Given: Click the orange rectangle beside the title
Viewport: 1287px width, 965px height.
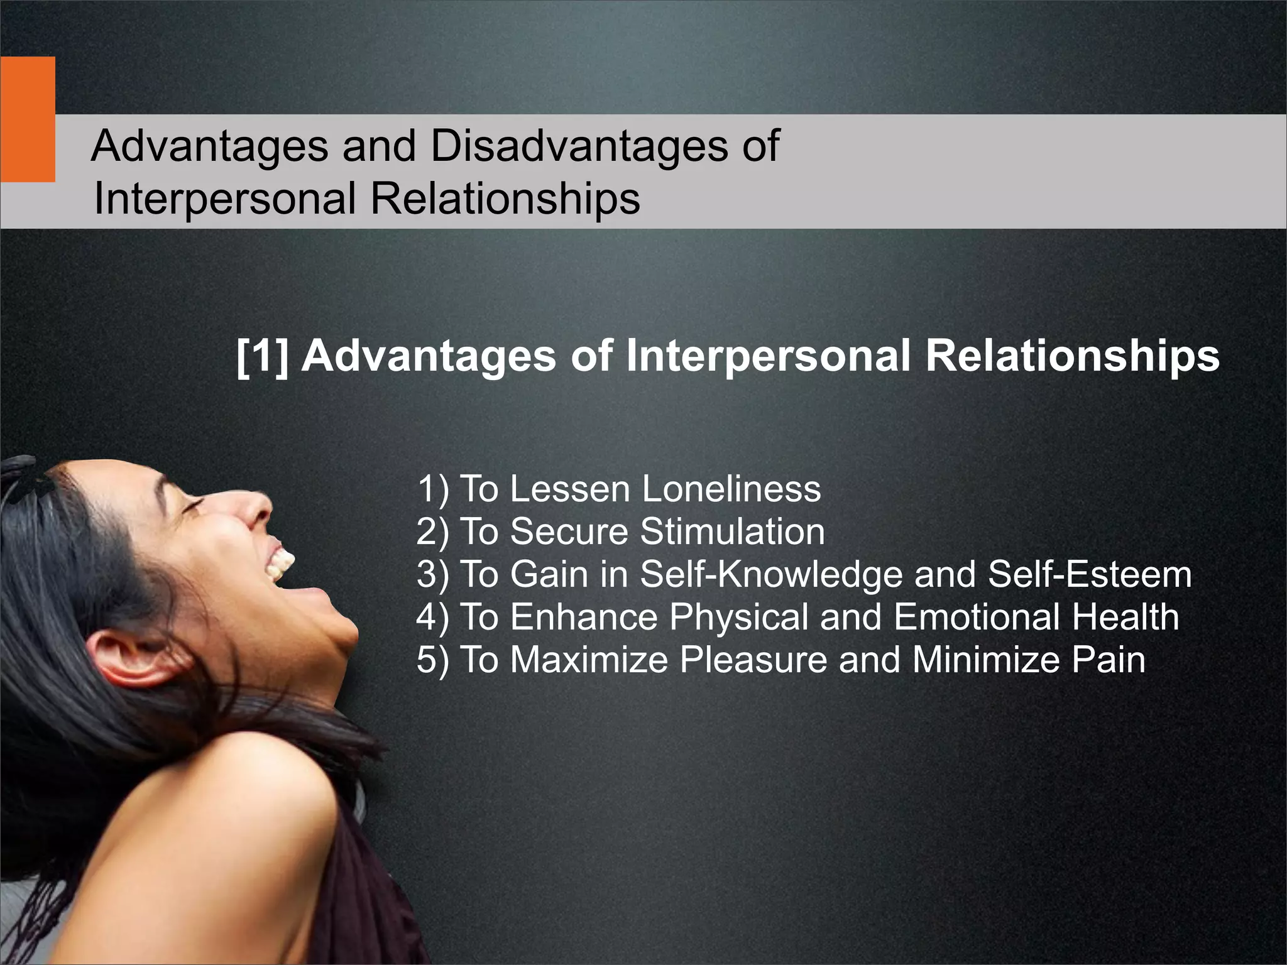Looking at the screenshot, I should (27, 119).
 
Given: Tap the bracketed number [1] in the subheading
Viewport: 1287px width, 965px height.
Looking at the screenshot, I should (263, 357).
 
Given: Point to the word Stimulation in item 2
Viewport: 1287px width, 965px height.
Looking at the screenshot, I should (732, 532).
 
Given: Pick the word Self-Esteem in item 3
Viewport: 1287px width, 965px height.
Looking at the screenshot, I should (1090, 574).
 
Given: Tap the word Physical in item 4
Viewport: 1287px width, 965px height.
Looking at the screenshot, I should (738, 617).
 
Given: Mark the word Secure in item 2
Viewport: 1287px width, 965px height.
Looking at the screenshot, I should (569, 532).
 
